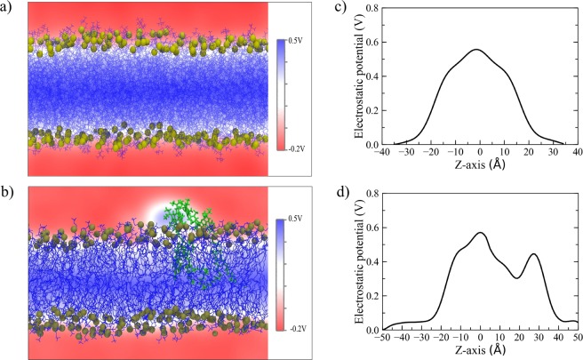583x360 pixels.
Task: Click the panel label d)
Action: pos(328,192)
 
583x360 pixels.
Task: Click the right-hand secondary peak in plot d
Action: pos(534,254)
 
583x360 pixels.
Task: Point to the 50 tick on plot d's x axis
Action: pos(575,340)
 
